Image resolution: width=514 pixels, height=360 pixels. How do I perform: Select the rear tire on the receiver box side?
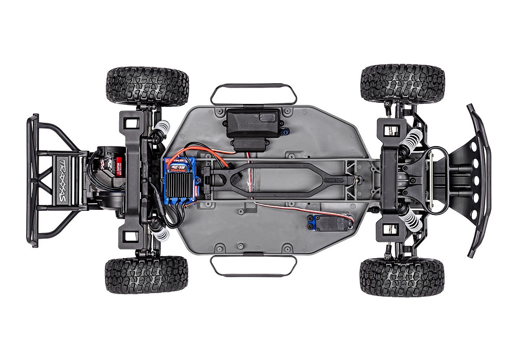pos(148,86)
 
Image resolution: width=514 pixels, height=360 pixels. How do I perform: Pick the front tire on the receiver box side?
pos(402,83)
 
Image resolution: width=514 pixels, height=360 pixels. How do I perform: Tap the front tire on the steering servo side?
pos(402,277)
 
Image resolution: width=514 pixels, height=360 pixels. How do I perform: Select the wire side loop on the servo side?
pos(253,265)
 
